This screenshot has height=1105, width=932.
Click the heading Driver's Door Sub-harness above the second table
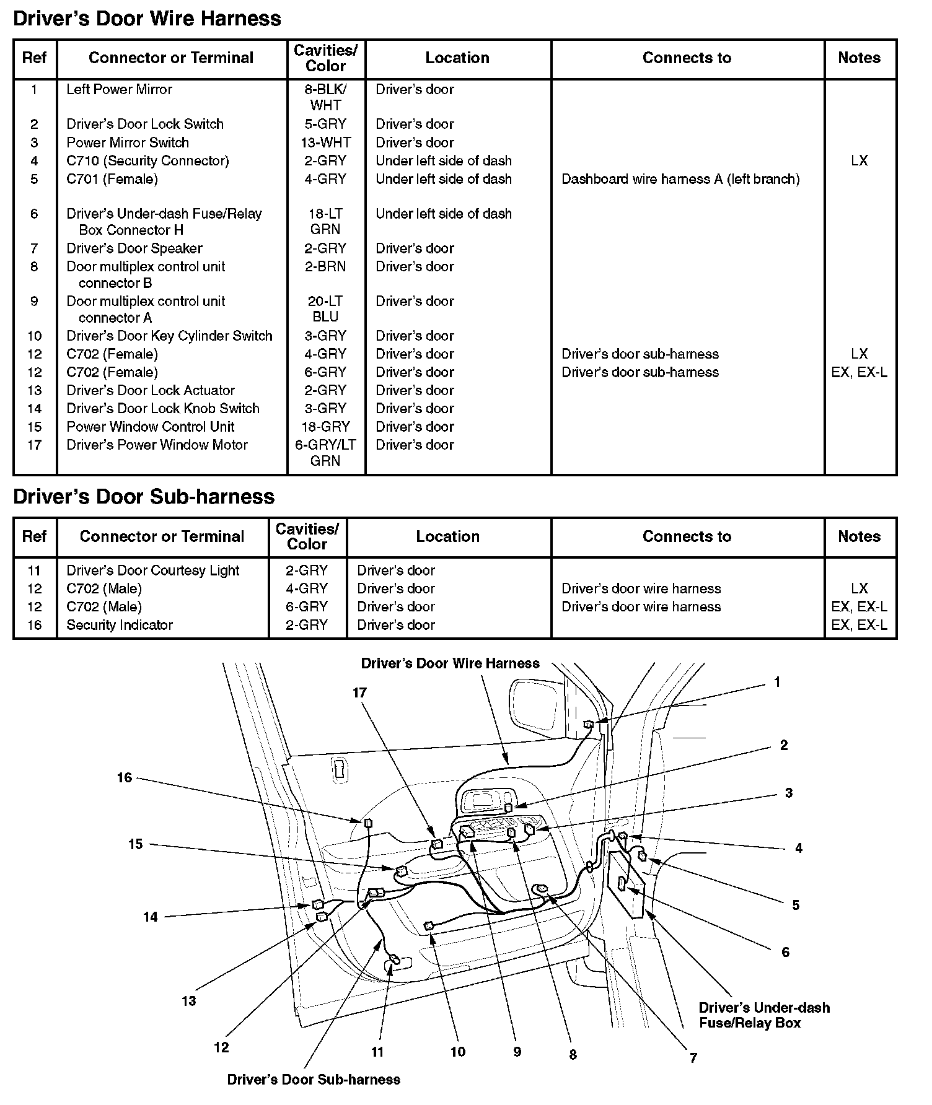coord(143,497)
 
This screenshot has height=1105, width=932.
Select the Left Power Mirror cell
coord(119,89)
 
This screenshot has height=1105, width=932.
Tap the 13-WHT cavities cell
coord(325,142)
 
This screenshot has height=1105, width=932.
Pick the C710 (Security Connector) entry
coord(147,160)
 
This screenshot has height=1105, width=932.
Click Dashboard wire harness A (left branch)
coord(680,179)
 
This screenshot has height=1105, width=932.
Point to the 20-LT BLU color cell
coord(325,308)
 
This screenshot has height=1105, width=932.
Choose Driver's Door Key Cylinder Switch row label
coord(169,336)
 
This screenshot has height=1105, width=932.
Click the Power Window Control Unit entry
coord(150,427)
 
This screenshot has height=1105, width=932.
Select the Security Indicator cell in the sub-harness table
coord(120,625)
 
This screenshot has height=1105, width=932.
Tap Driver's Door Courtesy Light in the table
coord(152,570)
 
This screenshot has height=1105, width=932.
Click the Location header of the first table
coord(457,58)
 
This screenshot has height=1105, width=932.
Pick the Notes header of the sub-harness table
coord(859,536)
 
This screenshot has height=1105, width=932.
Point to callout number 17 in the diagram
coord(360,693)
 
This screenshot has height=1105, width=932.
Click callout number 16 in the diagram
coord(125,777)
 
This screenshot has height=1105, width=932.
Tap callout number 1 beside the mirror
coord(777,683)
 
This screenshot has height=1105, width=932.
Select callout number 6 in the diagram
coord(785,952)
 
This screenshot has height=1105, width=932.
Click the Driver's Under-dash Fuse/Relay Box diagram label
coord(764,1015)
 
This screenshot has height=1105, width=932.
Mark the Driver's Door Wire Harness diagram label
coord(450,663)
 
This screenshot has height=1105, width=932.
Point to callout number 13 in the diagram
coord(188,1002)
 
